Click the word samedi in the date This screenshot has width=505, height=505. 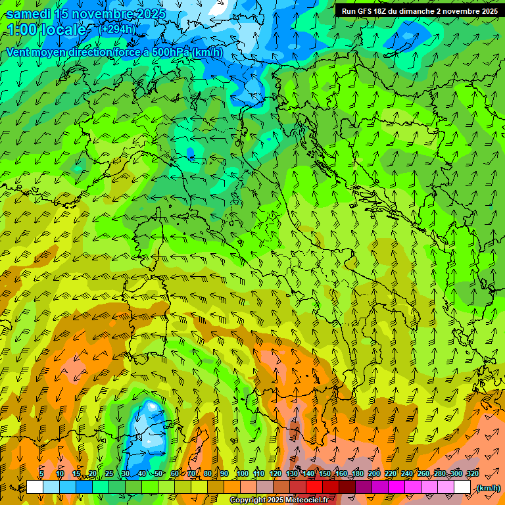(x=28, y=13)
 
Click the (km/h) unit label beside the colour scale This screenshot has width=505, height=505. (x=488, y=488)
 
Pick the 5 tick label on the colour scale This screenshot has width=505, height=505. (x=41, y=474)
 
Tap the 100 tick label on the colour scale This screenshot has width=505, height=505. (x=242, y=474)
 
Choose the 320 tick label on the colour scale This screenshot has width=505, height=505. (x=471, y=474)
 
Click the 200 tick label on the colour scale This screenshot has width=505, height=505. (x=373, y=474)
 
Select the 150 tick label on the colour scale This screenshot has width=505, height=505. (x=324, y=474)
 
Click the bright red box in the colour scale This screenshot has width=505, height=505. (x=314, y=487)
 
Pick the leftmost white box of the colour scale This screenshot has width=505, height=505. (x=35, y=487)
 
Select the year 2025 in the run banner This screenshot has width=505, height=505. (x=486, y=11)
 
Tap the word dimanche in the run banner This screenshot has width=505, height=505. (x=416, y=11)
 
